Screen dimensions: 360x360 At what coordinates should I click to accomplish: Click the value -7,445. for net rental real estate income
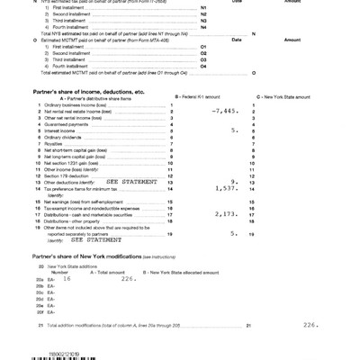click(x=220, y=111)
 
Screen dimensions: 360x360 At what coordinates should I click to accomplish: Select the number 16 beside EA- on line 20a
click(x=67, y=279)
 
